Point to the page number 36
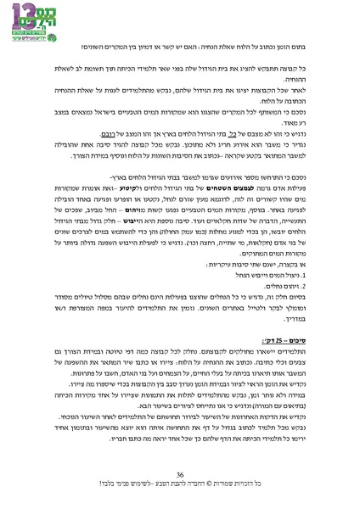[180, 474]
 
